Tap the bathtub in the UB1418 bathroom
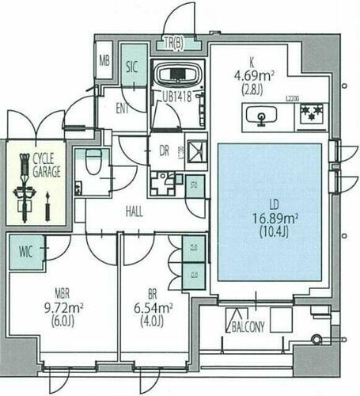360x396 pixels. pyautogui.click(x=177, y=76)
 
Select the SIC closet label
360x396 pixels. pyautogui.click(x=133, y=67)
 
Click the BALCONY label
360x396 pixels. pyautogui.click(x=249, y=325)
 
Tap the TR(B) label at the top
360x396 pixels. pyautogui.click(x=173, y=43)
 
